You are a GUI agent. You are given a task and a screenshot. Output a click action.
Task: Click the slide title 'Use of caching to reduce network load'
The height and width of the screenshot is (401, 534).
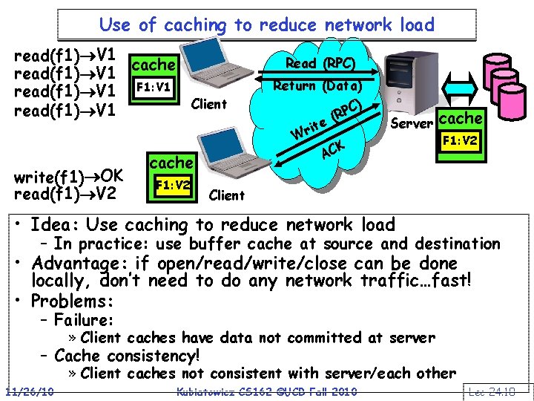pyautogui.click(x=266, y=25)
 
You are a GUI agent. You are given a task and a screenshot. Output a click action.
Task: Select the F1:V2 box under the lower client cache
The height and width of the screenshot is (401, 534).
pyautogui.click(x=173, y=183)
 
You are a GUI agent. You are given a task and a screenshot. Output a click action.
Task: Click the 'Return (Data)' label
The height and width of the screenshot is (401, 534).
pyautogui.click(x=317, y=85)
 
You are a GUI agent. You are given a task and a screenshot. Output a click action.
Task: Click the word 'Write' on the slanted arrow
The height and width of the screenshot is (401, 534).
pyautogui.click(x=309, y=129)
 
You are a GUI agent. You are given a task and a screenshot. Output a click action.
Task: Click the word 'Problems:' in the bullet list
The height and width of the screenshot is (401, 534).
pyautogui.click(x=73, y=301)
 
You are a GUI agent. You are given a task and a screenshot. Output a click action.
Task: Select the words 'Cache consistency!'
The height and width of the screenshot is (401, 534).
pyautogui.click(x=127, y=356)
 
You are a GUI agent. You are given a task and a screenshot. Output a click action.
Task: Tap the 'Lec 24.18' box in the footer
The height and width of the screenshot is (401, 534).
pyautogui.click(x=499, y=391)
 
